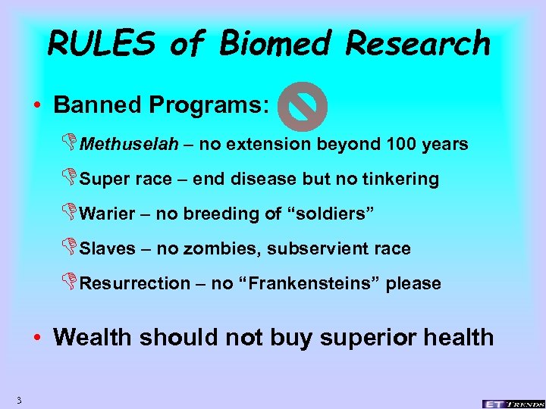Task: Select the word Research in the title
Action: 418,43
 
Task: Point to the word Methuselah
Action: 124,144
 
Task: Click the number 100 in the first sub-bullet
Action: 401,144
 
